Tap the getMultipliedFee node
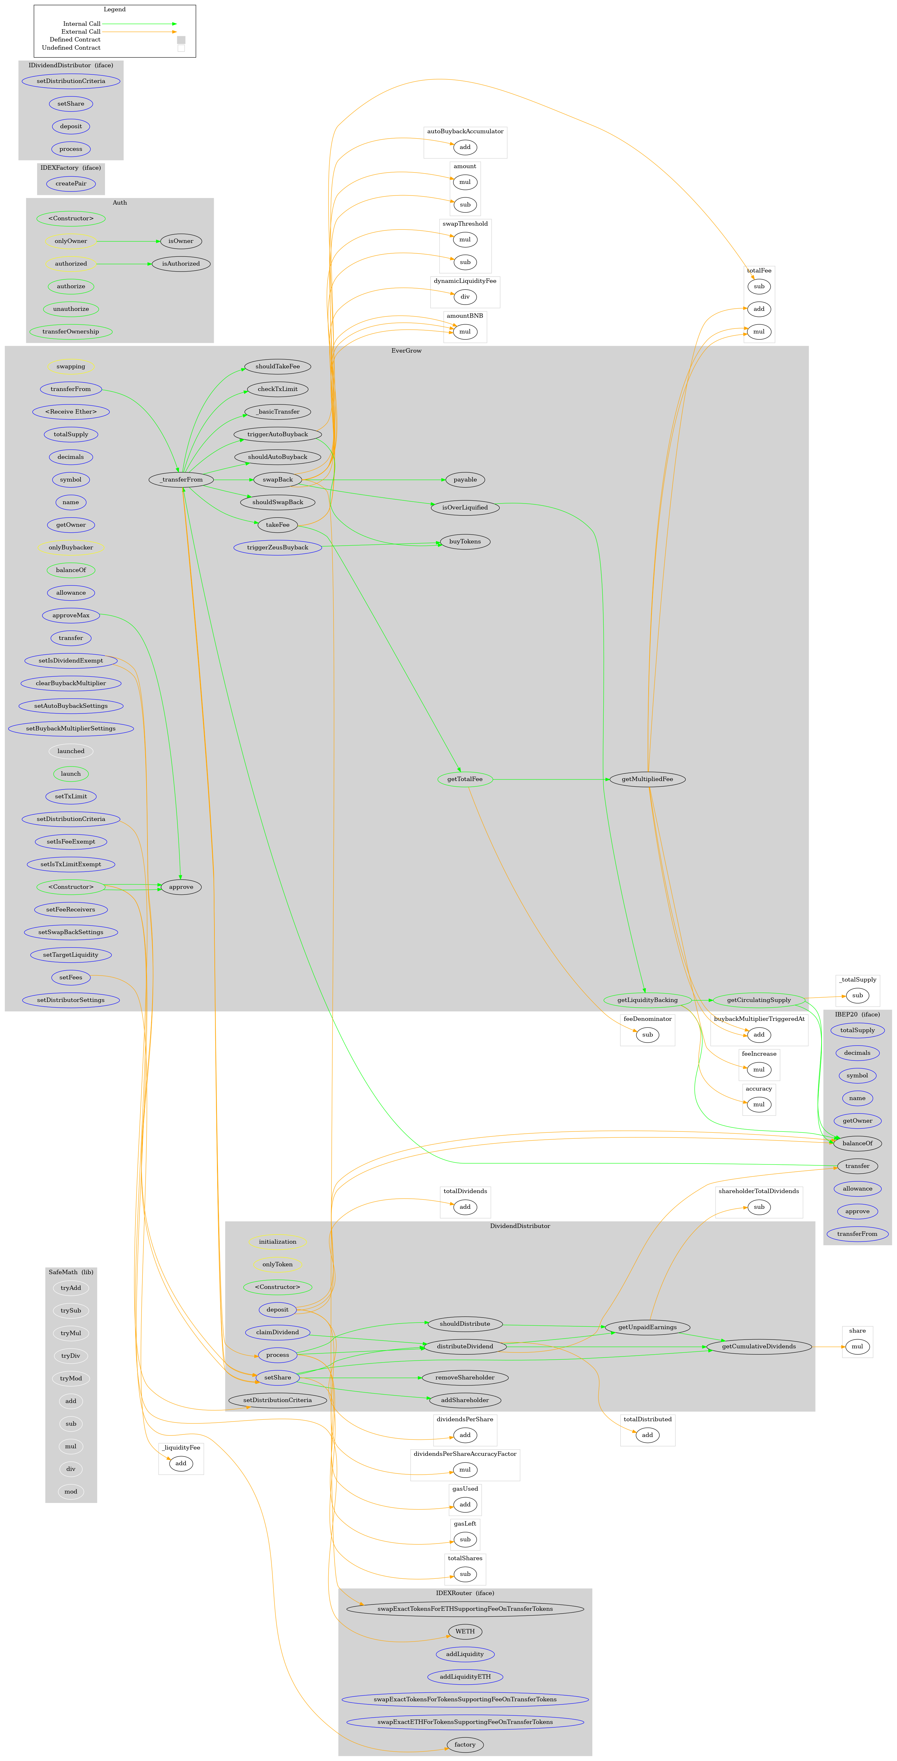pos(647,779)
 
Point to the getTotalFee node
pos(465,779)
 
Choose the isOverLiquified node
pos(465,507)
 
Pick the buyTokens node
pos(465,542)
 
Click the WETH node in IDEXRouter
pos(465,1631)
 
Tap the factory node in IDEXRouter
pos(465,1744)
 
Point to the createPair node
pos(70,183)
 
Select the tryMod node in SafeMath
pos(70,1378)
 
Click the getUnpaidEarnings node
pos(647,1327)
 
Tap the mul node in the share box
pos(857,1346)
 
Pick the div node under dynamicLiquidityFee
pos(465,297)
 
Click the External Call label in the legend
pos(81,31)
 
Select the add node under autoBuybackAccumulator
pos(465,147)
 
